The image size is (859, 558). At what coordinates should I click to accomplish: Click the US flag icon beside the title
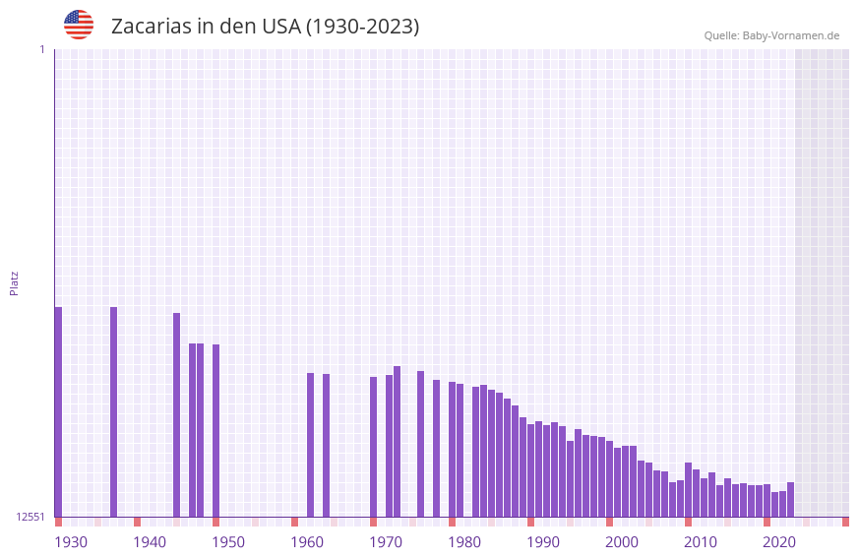[79, 25]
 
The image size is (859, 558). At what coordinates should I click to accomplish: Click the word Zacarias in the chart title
[150, 27]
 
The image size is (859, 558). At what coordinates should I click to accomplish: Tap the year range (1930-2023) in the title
[363, 27]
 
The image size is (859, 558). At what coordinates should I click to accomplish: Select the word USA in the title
[281, 27]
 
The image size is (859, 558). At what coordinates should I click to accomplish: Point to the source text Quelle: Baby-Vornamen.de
[771, 35]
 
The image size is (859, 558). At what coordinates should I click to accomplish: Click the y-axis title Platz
[14, 282]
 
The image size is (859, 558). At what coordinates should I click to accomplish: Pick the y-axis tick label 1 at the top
[41, 49]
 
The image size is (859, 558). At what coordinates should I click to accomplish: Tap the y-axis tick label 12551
[31, 517]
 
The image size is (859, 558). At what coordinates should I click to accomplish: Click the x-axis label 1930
[71, 542]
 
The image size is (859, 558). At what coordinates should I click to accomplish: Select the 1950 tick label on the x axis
[228, 542]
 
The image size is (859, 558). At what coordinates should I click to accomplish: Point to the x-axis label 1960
[307, 542]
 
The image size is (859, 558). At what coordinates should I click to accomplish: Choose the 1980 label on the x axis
[464, 542]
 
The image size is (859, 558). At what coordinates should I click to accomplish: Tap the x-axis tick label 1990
[543, 542]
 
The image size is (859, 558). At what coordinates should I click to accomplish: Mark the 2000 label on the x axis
[622, 542]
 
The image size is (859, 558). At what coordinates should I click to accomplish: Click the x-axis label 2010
[701, 542]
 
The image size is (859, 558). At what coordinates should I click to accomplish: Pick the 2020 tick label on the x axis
[779, 542]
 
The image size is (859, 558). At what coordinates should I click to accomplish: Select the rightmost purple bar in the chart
[790, 499]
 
